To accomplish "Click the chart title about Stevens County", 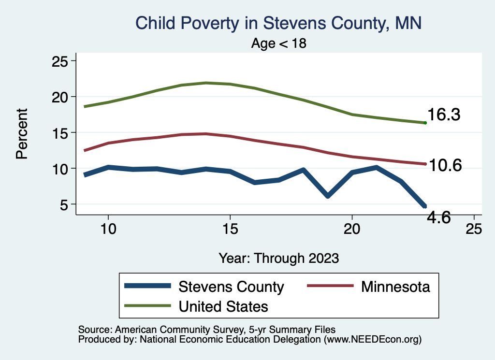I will (x=279, y=23).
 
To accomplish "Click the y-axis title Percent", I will (x=21, y=133).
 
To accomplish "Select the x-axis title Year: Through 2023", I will (x=279, y=258).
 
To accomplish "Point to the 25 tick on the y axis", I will (x=61, y=61).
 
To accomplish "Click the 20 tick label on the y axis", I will (x=61, y=97).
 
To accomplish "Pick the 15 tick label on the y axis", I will (x=61, y=133).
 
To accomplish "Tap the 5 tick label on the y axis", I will (x=66, y=204).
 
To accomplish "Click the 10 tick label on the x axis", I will (x=108, y=230).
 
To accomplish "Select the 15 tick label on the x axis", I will (x=230, y=230).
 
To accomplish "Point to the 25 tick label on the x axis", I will (x=474, y=230).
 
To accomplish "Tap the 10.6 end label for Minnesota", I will (x=445, y=165).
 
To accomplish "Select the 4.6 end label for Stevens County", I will (x=438, y=218).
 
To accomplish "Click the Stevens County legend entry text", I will (x=231, y=287).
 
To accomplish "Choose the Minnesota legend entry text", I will (x=395, y=287).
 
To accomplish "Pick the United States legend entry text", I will (x=223, y=306).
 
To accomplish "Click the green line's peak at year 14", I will (x=206, y=83).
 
